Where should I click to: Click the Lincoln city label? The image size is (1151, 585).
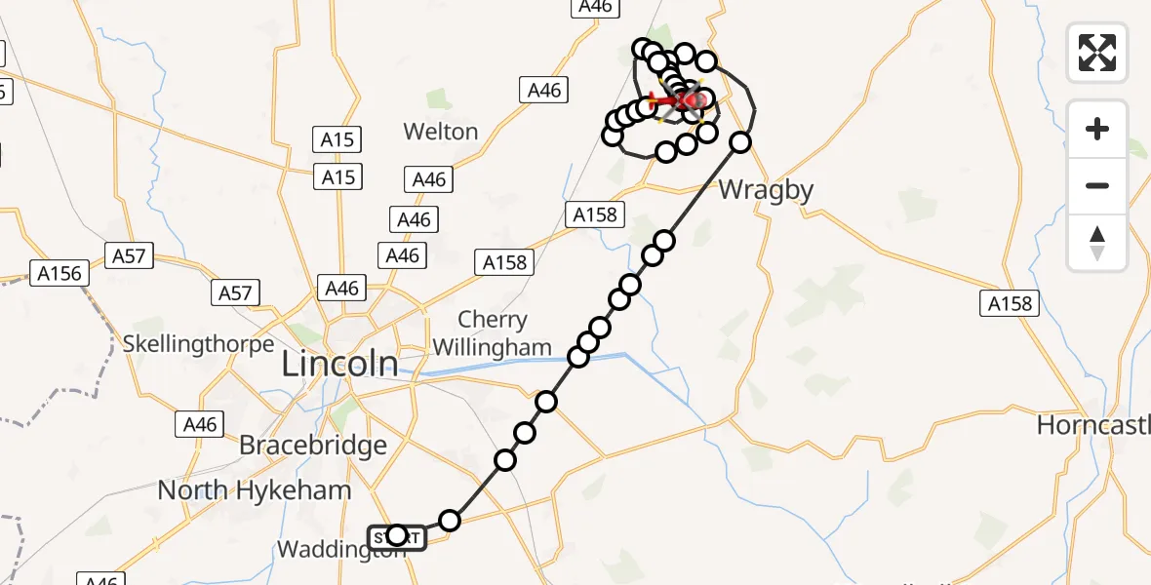[x=339, y=365]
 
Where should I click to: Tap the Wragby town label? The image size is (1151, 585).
[x=766, y=190]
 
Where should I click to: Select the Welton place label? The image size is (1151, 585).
[x=443, y=132]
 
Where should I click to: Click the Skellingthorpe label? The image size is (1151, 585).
[x=199, y=344]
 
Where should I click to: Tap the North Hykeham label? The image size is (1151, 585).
[x=254, y=489]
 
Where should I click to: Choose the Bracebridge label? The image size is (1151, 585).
[x=313, y=446]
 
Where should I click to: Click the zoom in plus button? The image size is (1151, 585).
[x=1097, y=129]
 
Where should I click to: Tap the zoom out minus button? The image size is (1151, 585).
[x=1097, y=185]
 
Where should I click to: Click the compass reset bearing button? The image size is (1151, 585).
[x=1097, y=242]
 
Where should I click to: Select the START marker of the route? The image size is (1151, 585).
[x=397, y=537]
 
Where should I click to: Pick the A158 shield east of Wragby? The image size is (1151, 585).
[x=1009, y=304]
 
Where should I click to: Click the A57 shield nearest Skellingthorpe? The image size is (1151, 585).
[x=234, y=292]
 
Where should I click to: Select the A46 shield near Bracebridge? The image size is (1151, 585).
[x=200, y=424]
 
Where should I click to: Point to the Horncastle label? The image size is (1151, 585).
[x=1092, y=425]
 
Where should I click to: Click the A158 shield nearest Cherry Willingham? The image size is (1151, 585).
[x=503, y=261]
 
